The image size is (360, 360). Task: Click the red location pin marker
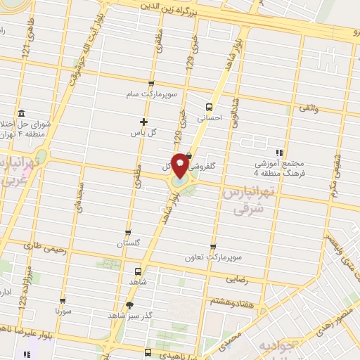click(180, 165)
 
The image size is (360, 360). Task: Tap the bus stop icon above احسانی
click(207, 107)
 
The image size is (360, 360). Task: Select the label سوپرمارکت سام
click(145, 94)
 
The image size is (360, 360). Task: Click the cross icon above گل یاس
click(143, 122)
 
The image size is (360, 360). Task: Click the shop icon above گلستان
click(127, 233)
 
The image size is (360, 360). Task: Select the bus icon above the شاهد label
click(137, 269)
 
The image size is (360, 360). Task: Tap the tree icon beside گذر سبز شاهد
click(129, 304)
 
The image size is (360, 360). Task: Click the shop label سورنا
click(63, 309)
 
